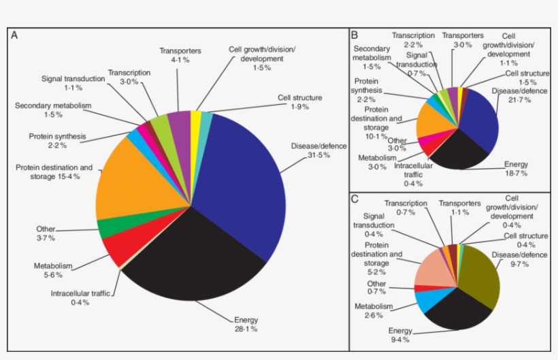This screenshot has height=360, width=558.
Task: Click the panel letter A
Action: tap(14, 35)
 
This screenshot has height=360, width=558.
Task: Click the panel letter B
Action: tap(355, 35)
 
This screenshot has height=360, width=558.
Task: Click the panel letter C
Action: tap(355, 199)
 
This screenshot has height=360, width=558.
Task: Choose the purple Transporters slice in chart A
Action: tap(179, 122)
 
